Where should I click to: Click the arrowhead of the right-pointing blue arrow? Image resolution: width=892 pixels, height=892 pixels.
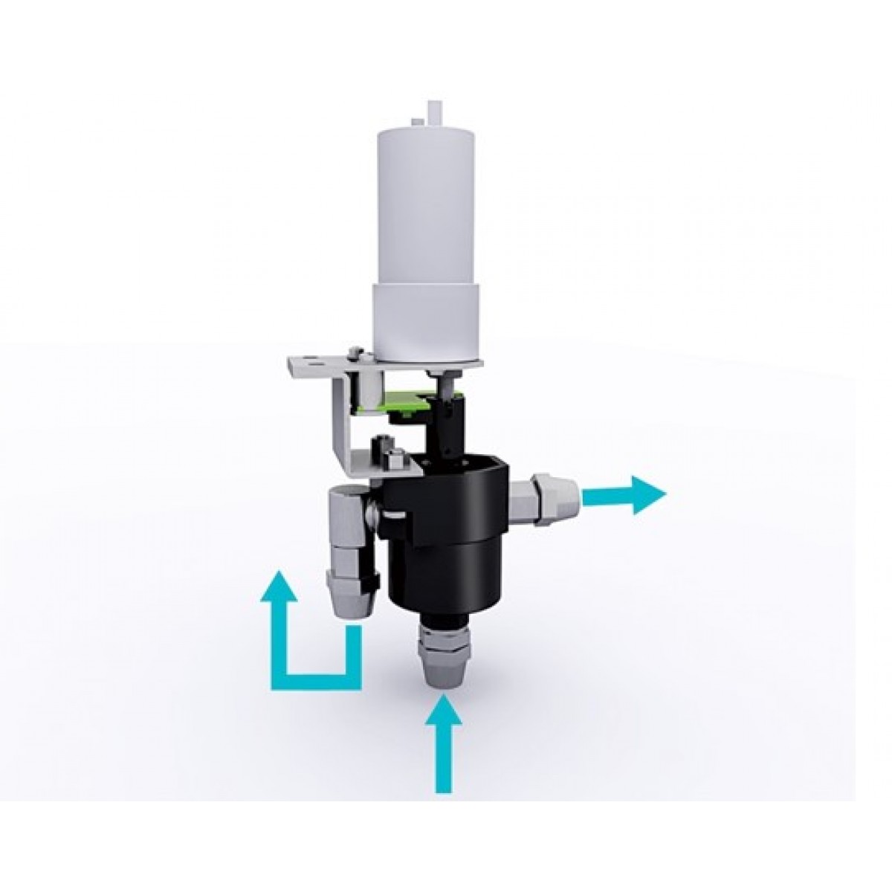(648, 494)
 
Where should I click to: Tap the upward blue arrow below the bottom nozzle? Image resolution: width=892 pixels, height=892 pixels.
(442, 743)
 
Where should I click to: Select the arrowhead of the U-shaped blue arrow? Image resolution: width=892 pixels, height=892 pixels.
(279, 585)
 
